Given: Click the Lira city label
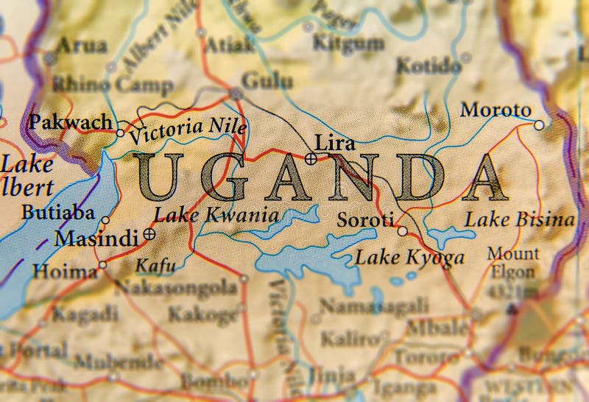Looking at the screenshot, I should click(334, 143).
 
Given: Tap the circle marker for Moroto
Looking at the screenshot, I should click(539, 125).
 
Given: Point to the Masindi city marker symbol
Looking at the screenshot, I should click(149, 234).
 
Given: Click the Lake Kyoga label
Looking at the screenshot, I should click(409, 258).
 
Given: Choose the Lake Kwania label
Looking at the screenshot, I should click(216, 216).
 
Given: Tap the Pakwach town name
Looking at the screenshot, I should click(71, 121).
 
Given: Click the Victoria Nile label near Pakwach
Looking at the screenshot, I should click(187, 129).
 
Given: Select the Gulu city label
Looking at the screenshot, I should click(267, 81).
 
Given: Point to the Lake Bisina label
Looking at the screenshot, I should click(520, 219).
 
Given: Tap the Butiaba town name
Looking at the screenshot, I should click(58, 214).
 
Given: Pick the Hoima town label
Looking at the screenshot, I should click(64, 271).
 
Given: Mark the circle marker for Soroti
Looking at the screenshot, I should click(402, 231).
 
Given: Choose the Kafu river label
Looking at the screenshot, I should click(152, 267).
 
